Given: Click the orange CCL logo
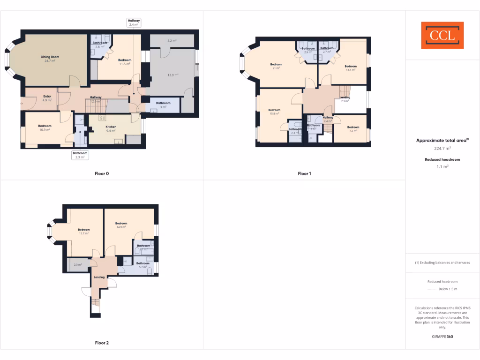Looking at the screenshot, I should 442,35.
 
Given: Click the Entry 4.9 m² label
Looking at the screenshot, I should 47,98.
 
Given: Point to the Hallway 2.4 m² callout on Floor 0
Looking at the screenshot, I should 134,22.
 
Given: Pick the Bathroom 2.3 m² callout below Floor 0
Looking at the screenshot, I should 80,155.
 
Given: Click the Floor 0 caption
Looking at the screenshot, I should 102,174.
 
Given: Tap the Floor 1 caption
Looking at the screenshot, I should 304,174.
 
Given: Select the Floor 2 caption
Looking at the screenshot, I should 102,343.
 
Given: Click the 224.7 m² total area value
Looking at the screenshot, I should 443,149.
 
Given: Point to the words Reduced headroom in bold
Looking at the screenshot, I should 443,160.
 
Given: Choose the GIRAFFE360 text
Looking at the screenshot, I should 443,337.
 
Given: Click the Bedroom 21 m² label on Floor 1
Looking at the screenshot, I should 276,66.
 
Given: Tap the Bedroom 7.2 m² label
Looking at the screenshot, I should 353,129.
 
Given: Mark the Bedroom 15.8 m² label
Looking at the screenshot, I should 274,112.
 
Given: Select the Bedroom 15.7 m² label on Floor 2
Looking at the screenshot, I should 84,232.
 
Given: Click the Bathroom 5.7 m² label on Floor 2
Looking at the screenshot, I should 143,265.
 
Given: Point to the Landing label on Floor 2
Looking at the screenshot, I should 99,277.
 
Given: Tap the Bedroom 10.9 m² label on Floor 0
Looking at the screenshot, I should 45,127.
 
